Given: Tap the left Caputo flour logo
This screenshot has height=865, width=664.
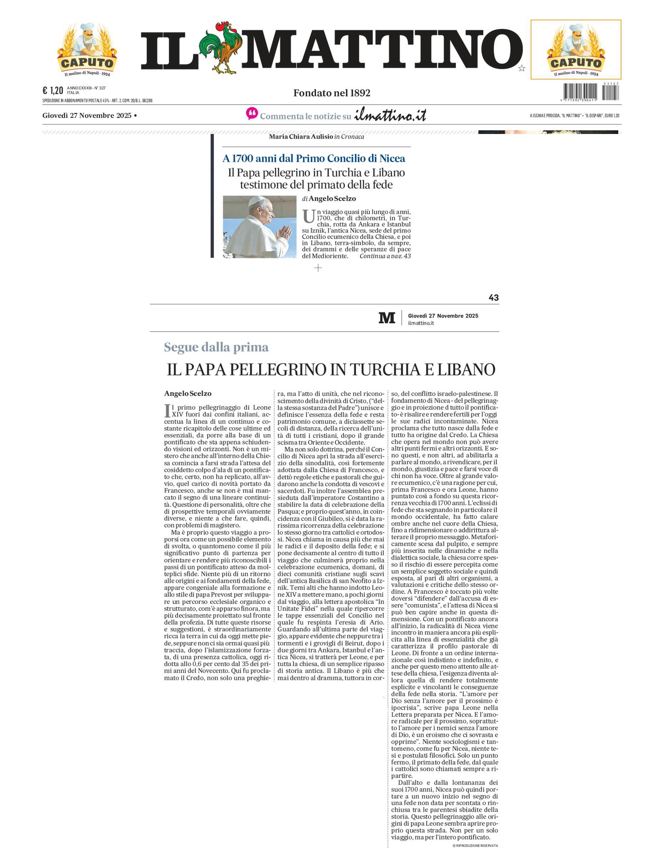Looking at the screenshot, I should (87, 49).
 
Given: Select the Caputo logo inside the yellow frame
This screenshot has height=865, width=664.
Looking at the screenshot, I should (575, 49).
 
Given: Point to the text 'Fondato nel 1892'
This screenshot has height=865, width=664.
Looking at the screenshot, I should (332, 93).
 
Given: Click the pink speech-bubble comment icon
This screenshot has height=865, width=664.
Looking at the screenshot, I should (251, 114).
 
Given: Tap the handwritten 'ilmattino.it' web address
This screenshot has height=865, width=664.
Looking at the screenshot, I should (390, 115).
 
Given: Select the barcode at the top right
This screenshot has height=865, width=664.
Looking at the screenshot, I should (591, 92).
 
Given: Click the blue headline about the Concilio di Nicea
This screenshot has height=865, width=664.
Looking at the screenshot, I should (314, 159).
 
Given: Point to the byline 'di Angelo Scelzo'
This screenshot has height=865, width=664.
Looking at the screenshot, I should (329, 199).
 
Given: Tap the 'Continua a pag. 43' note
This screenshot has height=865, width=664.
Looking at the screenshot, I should (385, 256).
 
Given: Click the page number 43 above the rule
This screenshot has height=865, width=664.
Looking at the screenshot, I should (493, 298).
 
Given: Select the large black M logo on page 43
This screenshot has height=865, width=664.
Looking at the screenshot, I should (387, 318).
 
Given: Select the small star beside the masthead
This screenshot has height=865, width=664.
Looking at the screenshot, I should (522, 69).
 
